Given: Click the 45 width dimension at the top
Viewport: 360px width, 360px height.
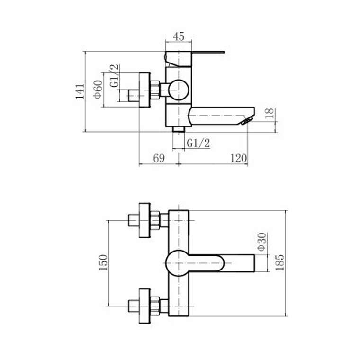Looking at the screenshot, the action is pos(179,36).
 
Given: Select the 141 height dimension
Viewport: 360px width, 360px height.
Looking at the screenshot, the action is pos(80,91).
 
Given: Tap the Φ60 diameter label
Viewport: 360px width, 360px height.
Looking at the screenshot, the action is pos(98,89).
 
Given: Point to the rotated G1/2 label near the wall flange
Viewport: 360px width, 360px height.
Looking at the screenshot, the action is pos(115,75).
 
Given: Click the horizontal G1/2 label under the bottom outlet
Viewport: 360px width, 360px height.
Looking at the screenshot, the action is pos(198,143).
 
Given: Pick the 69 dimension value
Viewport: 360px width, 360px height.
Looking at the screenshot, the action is pos(159,158).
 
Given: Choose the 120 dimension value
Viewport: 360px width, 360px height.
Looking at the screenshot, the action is pos(239,158).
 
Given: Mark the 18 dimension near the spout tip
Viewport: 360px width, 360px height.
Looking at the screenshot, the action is pos(270,113).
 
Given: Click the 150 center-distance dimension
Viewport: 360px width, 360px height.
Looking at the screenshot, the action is pos(103,262).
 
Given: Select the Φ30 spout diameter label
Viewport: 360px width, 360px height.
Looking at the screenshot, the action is pos(261,242).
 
